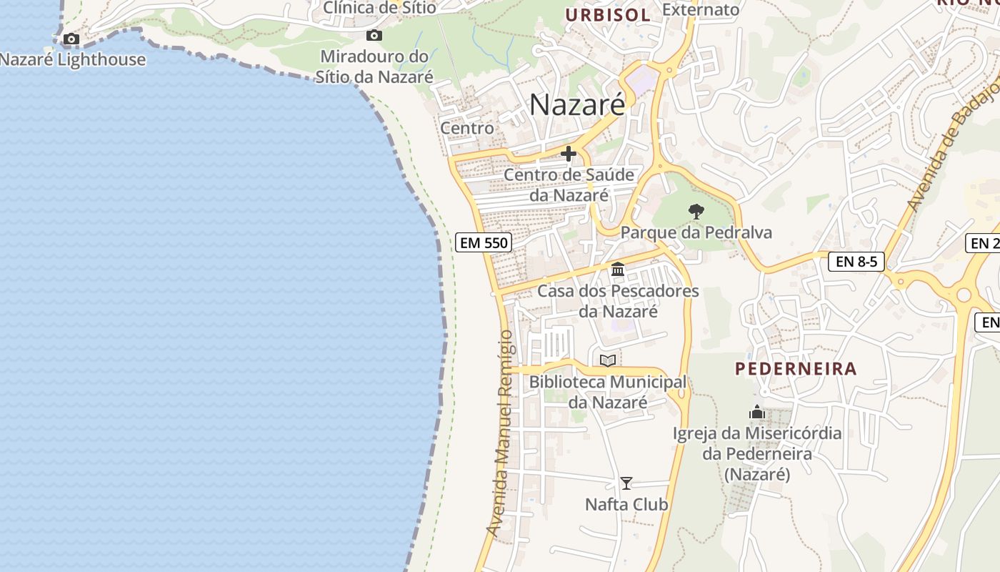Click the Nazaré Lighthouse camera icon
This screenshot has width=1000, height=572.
[71, 39]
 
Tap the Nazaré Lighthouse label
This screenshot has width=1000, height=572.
[73, 59]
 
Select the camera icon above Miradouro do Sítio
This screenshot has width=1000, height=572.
[374, 35]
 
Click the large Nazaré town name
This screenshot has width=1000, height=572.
[577, 105]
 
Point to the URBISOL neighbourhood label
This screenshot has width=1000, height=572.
[608, 15]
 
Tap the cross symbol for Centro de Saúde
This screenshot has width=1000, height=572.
[569, 154]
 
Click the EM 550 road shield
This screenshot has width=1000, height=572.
[484, 242]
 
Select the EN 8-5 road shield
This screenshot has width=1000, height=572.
[856, 262]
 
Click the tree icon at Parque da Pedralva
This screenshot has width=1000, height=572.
[696, 212]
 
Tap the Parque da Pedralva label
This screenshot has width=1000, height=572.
[696, 232]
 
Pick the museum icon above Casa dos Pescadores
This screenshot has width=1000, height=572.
[618, 270]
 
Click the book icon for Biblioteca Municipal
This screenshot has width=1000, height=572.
[608, 360]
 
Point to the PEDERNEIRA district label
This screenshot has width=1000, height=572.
[796, 369]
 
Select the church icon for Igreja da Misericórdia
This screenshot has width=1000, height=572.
[757, 412]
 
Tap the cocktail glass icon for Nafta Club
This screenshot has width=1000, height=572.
[626, 483]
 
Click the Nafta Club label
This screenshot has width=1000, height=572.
[626, 504]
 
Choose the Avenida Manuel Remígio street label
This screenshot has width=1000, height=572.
[503, 433]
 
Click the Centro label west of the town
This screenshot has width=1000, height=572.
[467, 128]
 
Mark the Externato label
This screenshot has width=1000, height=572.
[701, 9]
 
